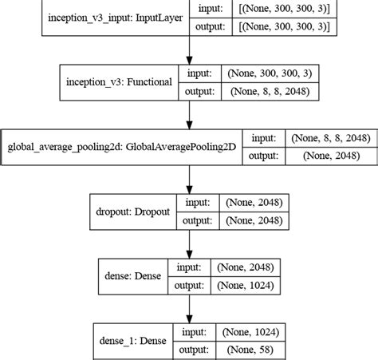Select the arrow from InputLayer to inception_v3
coord(188,52)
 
